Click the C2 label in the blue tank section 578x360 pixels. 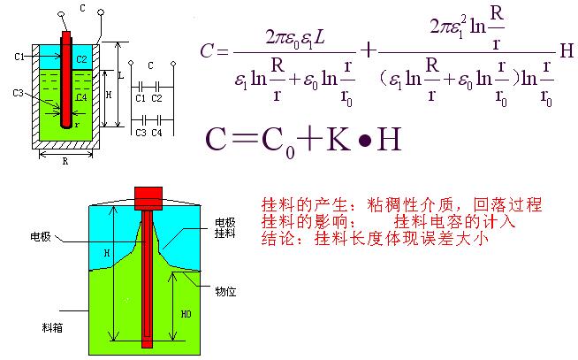(81, 58)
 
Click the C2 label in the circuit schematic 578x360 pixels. (156, 98)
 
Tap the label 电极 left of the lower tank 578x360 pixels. (41, 236)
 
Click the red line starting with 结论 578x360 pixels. (376, 238)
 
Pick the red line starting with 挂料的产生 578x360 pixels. (401, 205)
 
